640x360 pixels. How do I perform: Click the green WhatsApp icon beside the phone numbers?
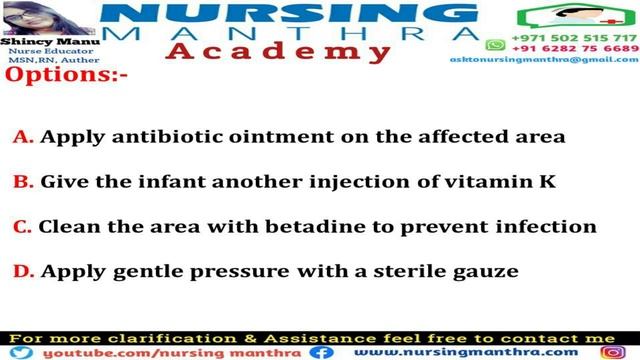[x=494, y=45]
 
